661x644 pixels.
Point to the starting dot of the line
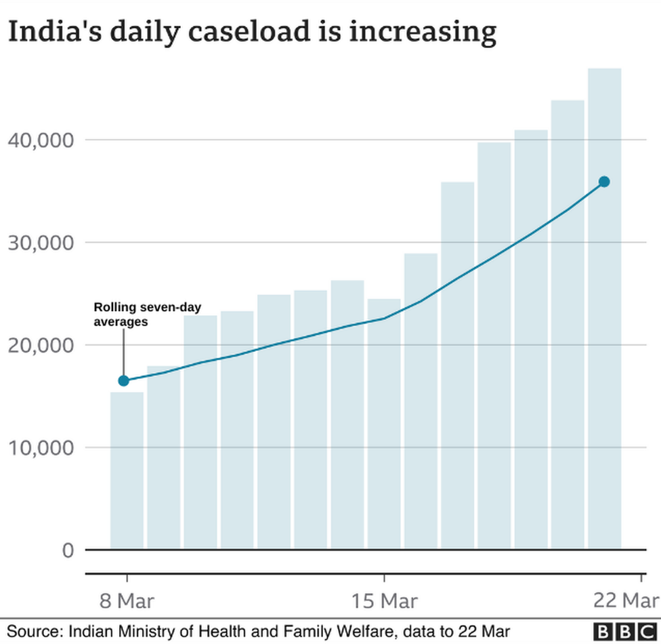(123, 380)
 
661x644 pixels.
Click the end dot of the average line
(604, 182)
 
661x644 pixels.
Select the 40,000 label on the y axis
(41, 140)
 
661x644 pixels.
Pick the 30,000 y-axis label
(41, 243)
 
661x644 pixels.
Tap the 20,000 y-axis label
(41, 345)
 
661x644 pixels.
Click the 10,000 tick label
(41, 447)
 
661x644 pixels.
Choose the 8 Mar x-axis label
(126, 601)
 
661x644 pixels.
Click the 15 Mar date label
(384, 601)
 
